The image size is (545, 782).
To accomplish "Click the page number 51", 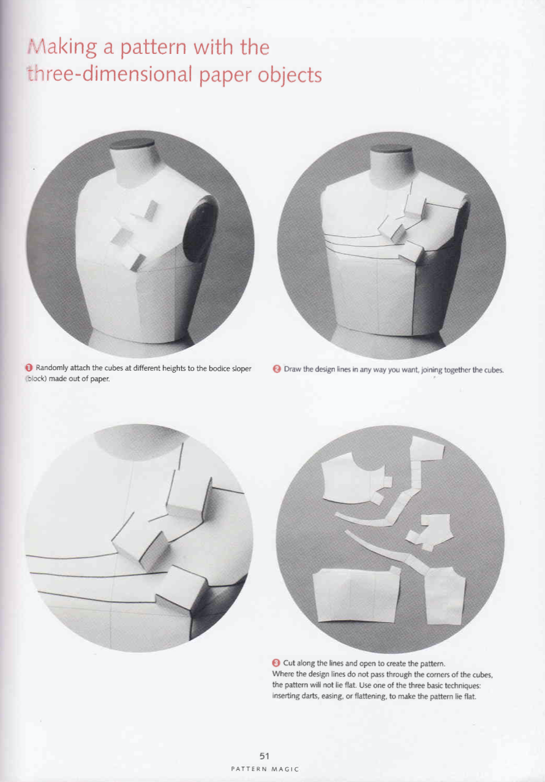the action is coord(265,756).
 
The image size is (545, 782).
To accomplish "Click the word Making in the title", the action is coord(62,48).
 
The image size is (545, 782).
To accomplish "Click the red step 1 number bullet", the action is coord(29,368).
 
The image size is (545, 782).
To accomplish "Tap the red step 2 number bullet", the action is coord(277,369).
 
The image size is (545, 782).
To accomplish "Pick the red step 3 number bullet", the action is coord(276,663).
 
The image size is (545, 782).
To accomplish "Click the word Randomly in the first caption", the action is coord(52,368).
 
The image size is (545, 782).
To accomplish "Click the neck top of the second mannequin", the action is coord(391,149).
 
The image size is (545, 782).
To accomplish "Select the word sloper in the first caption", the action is coord(241,369).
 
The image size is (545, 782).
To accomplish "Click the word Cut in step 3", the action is coord(288,663).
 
